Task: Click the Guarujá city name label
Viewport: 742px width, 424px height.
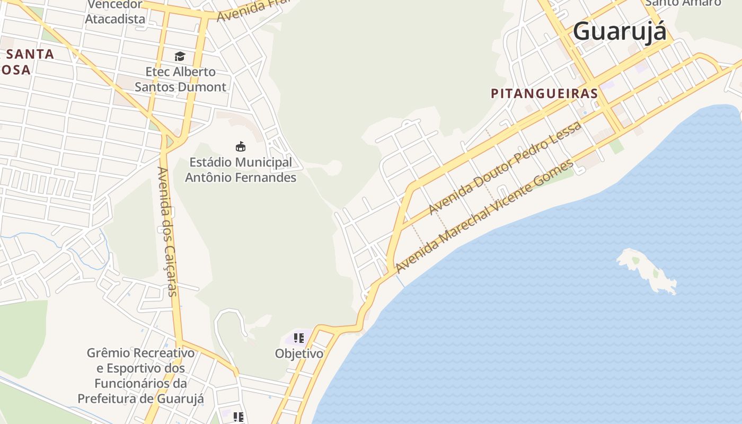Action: click(619, 31)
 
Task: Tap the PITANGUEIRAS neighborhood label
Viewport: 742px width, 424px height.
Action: click(544, 94)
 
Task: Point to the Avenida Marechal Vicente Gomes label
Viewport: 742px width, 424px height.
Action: click(484, 216)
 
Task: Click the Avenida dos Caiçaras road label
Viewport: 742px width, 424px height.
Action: click(167, 231)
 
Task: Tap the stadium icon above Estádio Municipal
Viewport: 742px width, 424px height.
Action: click(241, 146)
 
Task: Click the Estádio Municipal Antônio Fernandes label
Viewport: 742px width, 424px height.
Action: click(240, 170)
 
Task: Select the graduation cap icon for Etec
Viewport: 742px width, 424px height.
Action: click(180, 56)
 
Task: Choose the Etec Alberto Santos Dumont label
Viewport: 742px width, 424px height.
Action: click(180, 79)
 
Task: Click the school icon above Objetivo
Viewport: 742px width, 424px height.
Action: click(299, 338)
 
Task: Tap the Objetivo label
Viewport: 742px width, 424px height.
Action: click(299, 354)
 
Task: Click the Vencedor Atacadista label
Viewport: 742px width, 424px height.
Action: click(115, 12)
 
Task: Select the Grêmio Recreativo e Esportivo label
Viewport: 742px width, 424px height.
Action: click(140, 375)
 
